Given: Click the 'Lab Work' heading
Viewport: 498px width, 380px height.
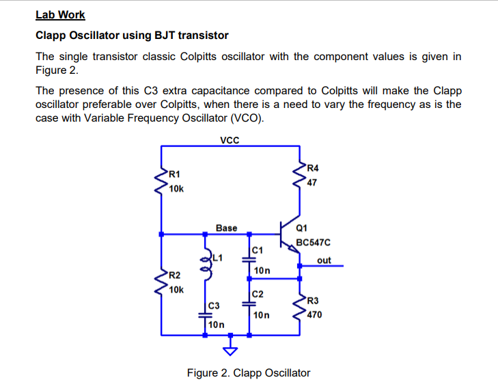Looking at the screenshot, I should (60, 14).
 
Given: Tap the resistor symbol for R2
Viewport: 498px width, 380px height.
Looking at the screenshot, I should (162, 283).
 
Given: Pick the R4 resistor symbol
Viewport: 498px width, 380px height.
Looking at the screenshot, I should (300, 176).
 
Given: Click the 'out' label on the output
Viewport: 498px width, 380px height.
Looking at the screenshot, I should (324, 260).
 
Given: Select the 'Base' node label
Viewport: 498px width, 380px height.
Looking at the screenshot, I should (226, 228).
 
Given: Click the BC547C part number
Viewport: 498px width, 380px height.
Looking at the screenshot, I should (314, 243).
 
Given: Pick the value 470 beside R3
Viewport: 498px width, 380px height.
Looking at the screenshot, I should (315, 315).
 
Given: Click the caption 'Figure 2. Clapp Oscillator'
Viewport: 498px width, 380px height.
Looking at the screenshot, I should (249, 372).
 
